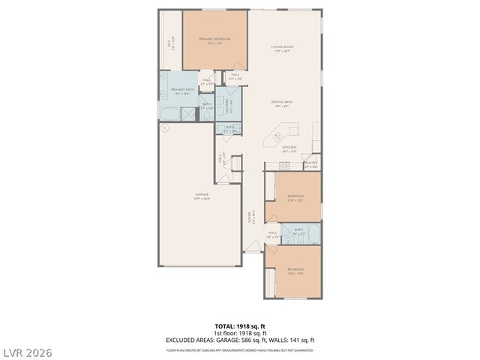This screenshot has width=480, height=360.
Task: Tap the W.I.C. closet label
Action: (171, 44)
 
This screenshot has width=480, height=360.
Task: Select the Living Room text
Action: (283, 47)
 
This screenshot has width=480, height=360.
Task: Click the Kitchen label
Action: (289, 148)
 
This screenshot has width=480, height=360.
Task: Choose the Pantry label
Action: (310, 163)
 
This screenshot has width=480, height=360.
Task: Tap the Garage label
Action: (202, 195)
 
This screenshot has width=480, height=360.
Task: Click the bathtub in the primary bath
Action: (169, 113)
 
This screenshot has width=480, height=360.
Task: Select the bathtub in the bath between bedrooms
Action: (313, 235)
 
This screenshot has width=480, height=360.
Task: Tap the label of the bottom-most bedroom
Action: (295, 271)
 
